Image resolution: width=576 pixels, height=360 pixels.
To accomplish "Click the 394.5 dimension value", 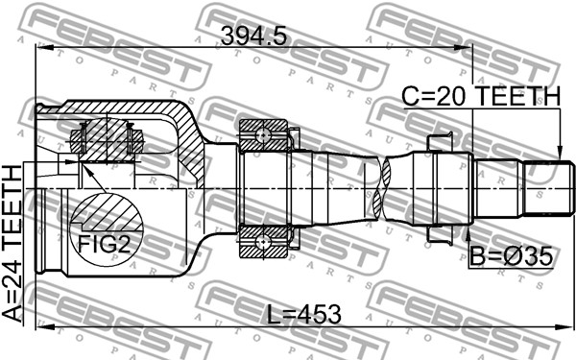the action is [253, 36].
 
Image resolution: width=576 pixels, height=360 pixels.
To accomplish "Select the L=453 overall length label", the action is [303, 315].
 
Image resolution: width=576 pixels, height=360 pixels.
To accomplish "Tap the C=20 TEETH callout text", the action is [481, 97].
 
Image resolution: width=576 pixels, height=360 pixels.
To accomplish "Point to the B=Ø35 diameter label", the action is [512, 256].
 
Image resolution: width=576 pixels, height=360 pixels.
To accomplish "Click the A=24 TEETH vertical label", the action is [12, 244].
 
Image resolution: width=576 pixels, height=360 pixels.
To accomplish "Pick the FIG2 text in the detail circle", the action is [105, 244].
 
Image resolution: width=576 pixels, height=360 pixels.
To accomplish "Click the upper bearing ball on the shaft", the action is [263, 135].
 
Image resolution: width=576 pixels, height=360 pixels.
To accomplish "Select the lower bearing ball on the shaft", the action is [263, 243].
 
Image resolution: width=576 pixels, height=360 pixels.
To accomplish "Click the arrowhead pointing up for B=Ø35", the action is [468, 233].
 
